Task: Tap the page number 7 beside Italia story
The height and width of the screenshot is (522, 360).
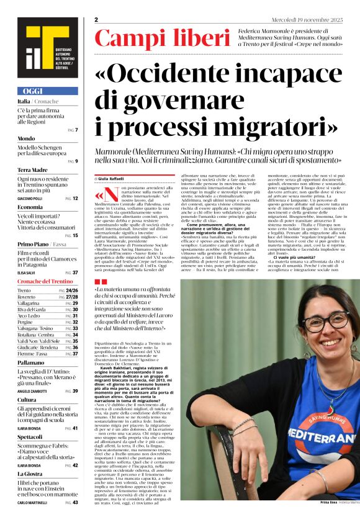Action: coord(76,130)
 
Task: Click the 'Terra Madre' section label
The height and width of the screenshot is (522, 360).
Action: coord(32,169)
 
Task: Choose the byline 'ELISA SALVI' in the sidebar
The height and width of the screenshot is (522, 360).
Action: coord(27,272)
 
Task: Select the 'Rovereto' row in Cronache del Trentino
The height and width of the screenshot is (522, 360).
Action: coord(26,297)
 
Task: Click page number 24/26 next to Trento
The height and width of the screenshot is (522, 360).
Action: coord(71,290)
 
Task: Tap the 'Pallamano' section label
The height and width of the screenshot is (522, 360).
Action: coord(31,362)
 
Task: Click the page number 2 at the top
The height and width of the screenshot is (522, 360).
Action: coord(97,20)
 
